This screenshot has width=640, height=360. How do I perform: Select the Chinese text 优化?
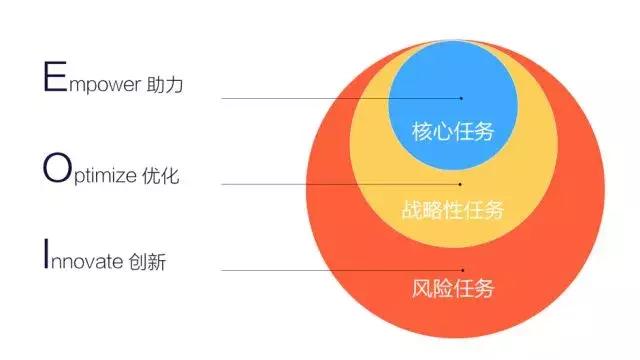pyautogui.click(x=171, y=176)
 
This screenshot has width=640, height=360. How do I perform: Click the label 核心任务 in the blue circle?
pyautogui.click(x=453, y=130)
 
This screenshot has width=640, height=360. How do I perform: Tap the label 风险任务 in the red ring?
pyautogui.click(x=453, y=290)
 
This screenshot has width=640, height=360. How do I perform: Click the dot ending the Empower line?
pyautogui.click(x=461, y=98)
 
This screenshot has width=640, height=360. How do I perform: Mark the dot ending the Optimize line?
pyautogui.click(x=461, y=184)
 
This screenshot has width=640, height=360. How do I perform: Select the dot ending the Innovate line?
pyautogui.click(x=462, y=270)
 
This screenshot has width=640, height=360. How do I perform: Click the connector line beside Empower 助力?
pyautogui.click(x=340, y=98)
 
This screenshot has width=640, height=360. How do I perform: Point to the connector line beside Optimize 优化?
pyautogui.click(x=340, y=184)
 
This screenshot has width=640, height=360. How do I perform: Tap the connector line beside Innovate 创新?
pyautogui.click(x=340, y=270)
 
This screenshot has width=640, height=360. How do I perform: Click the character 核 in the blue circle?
pyautogui.click(x=422, y=130)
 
